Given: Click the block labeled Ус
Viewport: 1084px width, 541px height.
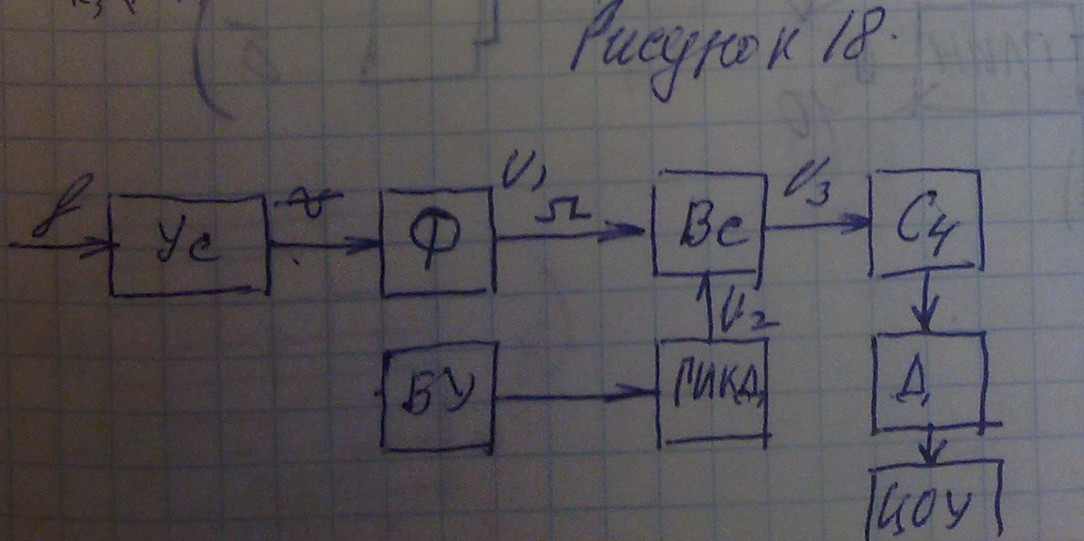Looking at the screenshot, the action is coord(189,246).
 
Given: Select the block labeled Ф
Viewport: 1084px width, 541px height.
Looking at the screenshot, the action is coord(437,242).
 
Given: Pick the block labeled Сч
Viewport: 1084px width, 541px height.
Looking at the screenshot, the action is coord(926,224).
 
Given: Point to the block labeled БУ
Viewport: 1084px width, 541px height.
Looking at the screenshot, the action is coord(437,396).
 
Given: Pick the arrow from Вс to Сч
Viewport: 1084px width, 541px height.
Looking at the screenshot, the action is coord(817,224).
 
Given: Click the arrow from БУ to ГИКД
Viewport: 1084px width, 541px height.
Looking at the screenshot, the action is coord(575,394).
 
